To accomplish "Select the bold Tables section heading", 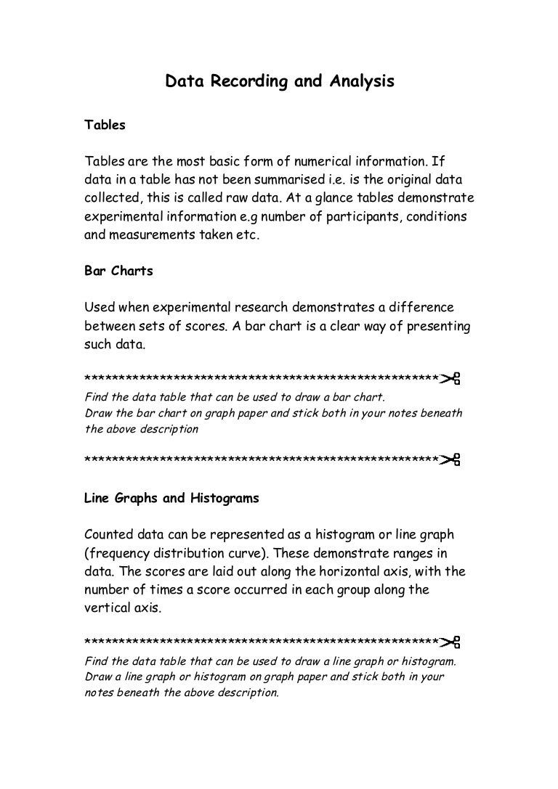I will click(x=105, y=125).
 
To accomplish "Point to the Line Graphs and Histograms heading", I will click(x=171, y=499).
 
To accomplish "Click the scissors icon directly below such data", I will click(x=450, y=379).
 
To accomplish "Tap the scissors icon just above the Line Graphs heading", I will click(x=450, y=460).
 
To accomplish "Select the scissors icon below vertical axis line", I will click(x=450, y=642).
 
